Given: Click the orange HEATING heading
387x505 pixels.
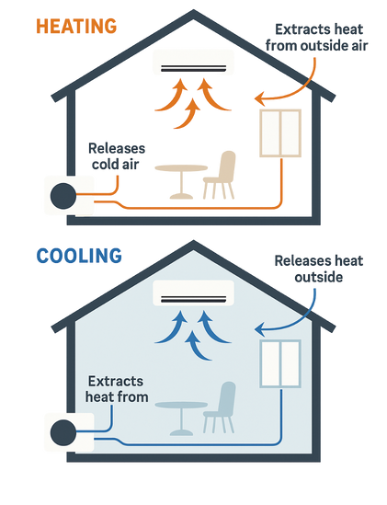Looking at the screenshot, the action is [76, 27].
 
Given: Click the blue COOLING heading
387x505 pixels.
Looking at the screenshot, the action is [79, 256].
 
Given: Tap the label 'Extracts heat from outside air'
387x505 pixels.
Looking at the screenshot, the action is [317, 38].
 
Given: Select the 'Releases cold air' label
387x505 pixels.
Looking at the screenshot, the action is [117, 156].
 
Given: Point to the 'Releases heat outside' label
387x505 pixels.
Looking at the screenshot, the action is [319, 269].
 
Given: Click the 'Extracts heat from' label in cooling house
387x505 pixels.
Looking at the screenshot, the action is [117, 389].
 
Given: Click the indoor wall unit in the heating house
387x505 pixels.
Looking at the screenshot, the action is [193, 63].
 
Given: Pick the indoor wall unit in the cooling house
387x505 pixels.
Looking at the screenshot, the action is [193, 293].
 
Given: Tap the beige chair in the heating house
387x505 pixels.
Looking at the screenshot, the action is [220, 175].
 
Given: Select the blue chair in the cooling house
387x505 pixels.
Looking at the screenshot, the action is [220, 407].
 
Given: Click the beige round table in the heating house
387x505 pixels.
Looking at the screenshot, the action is [181, 181].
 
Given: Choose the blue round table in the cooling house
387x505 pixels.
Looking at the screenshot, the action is [181, 418].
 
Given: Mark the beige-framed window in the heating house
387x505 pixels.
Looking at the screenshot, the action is [280, 133].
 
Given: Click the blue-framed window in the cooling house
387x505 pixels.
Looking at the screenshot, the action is [280, 363].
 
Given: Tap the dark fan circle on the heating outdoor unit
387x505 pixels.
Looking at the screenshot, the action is [63, 196].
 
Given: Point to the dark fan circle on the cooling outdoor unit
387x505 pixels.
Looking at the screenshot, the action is [63, 433].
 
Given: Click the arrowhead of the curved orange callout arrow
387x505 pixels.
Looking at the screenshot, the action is [258, 98].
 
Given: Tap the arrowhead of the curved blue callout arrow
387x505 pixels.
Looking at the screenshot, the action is [258, 329].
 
